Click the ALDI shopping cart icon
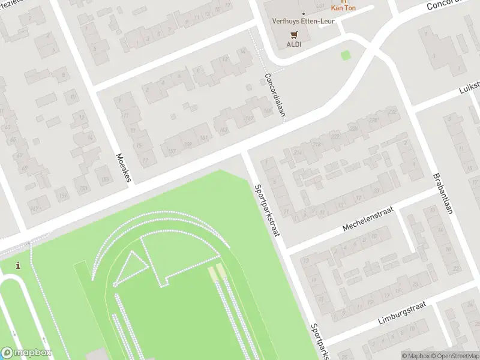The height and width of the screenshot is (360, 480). [x=294, y=35]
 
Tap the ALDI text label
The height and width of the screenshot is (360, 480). [x=294, y=44]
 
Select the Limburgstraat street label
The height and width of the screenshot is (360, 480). [x=402, y=313]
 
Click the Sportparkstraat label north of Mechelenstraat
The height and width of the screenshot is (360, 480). [x=268, y=210]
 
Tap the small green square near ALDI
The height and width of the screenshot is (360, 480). [x=345, y=55]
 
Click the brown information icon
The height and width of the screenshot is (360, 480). [x=19, y=266]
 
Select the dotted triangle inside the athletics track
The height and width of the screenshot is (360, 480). [x=131, y=267]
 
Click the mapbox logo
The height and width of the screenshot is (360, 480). [x=26, y=353]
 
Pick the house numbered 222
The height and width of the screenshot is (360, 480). [x=334, y=137]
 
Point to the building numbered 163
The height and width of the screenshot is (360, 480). [x=224, y=130]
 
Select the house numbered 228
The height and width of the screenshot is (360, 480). [x=392, y=112]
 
